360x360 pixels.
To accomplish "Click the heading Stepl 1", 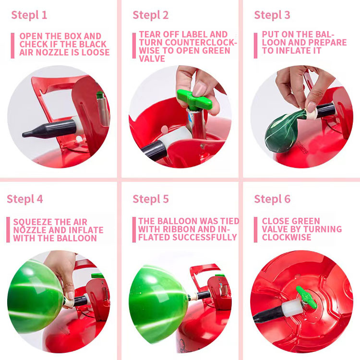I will point(29,15).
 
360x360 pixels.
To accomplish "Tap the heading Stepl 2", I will point(151,15).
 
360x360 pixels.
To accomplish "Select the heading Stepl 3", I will point(272,15).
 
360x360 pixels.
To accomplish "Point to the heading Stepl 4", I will point(25,199).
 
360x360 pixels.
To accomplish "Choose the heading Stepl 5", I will point(151,199).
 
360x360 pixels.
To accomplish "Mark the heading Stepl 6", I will point(272,199).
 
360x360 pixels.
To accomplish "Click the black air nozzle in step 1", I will point(48,129).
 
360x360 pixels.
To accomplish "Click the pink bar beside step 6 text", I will point(256,229).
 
